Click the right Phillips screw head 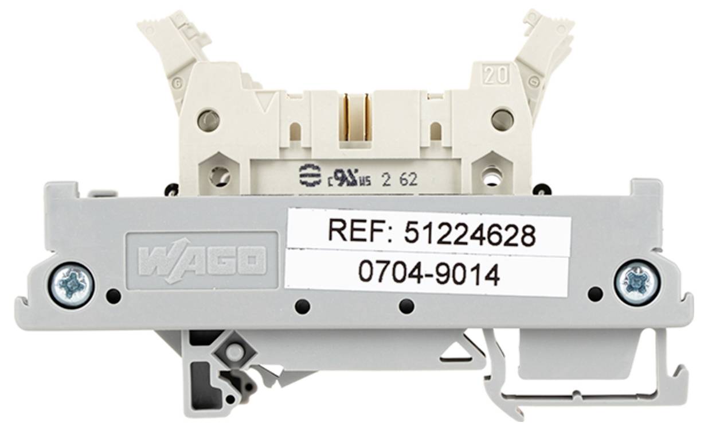[637, 282]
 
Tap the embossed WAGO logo [202, 261]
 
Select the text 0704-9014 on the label [429, 274]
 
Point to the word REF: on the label [359, 231]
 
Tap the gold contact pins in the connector [357, 117]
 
